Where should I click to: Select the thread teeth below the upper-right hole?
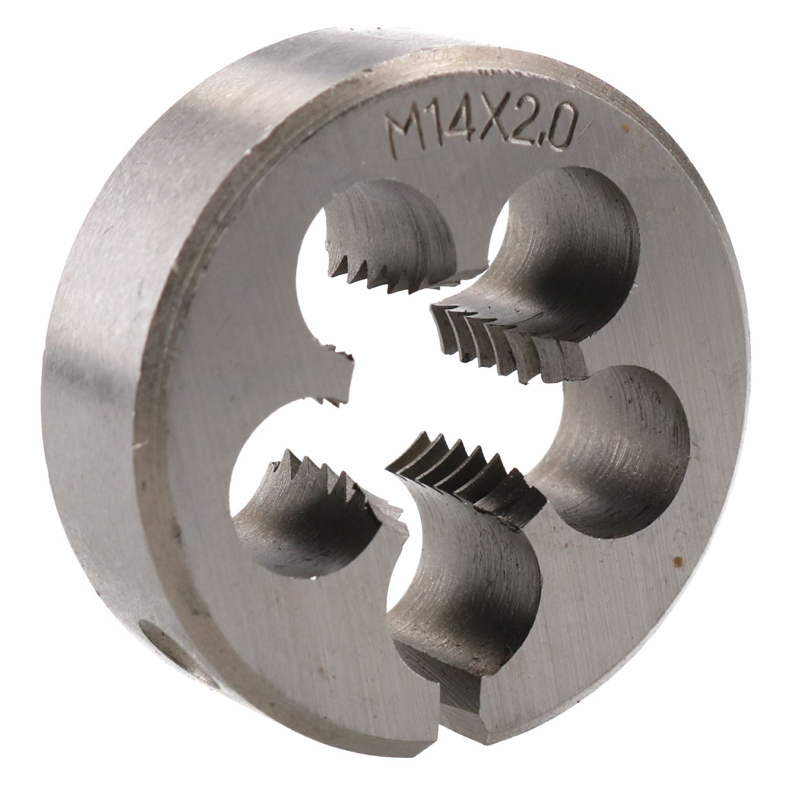[504, 341]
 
